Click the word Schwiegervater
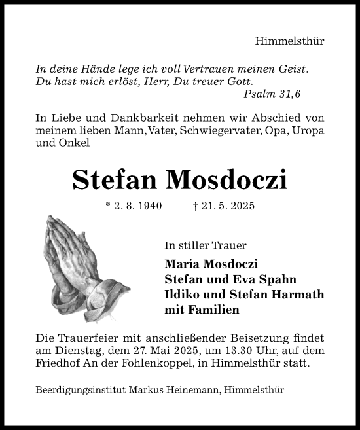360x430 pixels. click(x=223, y=130)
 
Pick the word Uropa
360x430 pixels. click(x=310, y=130)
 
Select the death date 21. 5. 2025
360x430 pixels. click(x=228, y=206)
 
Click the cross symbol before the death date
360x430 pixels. click(x=196, y=206)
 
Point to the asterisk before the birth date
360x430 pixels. click(x=107, y=205)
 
